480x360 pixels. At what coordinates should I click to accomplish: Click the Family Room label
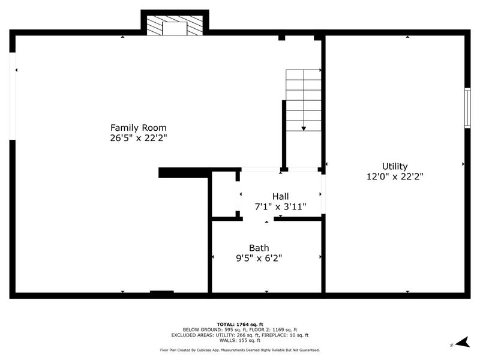[138, 128]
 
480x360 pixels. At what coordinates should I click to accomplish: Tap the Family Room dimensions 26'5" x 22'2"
[138, 138]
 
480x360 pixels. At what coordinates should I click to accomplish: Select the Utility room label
[395, 166]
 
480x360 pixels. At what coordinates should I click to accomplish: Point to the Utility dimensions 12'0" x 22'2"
[395, 176]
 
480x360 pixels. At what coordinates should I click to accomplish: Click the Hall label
[280, 196]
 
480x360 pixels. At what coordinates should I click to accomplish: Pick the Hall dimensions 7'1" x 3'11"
[280, 206]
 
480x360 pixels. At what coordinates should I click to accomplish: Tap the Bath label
[259, 248]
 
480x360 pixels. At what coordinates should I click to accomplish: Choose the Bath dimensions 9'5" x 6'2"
[259, 258]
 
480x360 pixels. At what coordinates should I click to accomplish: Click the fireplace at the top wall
[175, 25]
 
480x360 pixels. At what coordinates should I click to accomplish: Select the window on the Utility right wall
[467, 107]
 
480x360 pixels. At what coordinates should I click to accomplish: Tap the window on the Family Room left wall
[12, 97]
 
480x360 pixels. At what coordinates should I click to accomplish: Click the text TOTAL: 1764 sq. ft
[240, 324]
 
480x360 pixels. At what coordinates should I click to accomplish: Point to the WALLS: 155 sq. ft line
[240, 340]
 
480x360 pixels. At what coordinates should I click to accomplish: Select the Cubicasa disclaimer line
[240, 350]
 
